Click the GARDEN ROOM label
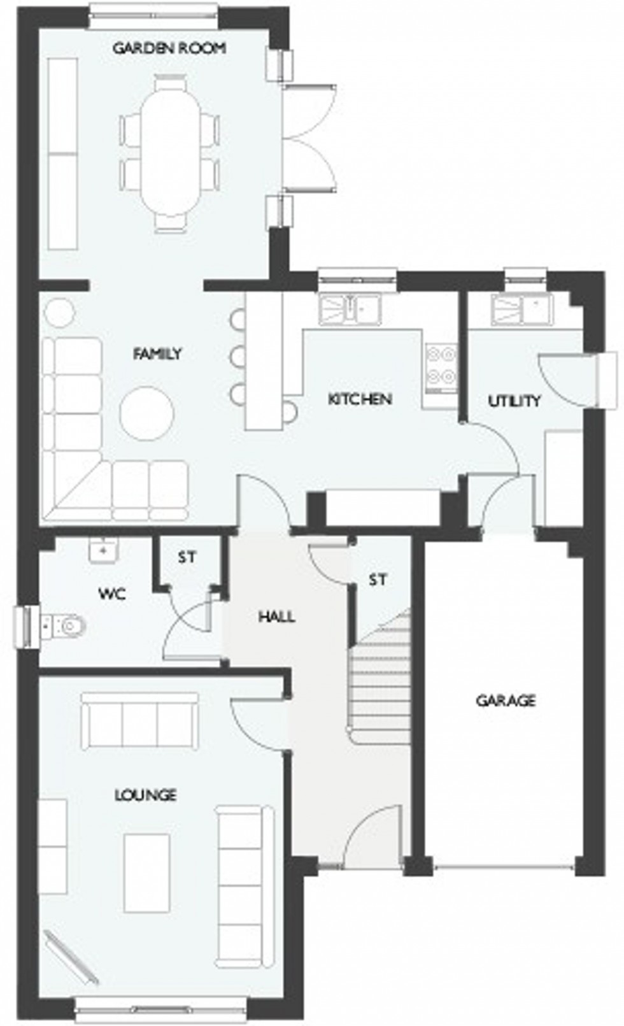(169, 48)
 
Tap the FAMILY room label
(157, 353)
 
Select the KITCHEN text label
(360, 399)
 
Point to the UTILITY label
(514, 401)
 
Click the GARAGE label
(506, 701)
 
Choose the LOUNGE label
(145, 795)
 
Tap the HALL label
(277, 616)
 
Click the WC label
(112, 594)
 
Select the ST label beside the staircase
(378, 580)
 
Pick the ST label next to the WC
(187, 558)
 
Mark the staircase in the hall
(381, 678)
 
